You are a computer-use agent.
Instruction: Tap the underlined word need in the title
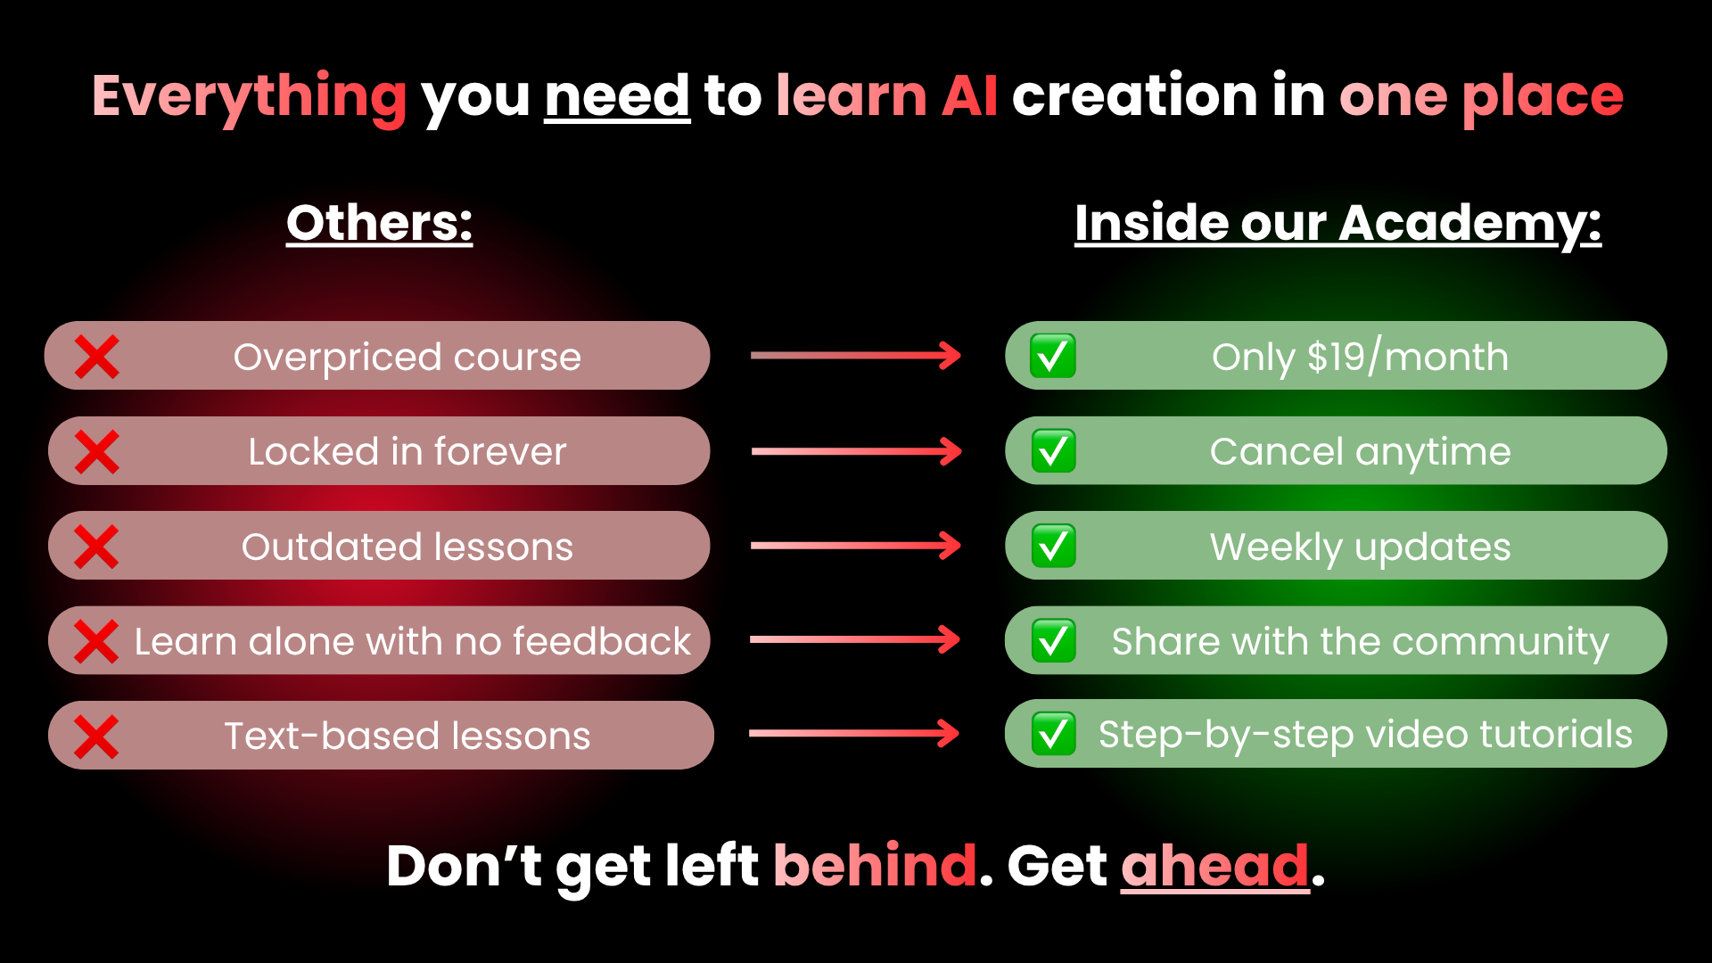617,96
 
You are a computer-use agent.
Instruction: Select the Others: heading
380,223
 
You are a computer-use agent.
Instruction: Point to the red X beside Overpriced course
96,357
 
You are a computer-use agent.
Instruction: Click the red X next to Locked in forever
96,451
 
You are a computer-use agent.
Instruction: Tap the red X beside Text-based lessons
96,737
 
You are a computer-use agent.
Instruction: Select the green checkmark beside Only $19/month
1053,356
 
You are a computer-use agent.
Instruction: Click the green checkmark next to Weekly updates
1053,546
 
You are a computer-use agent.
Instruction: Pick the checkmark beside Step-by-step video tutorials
1053,734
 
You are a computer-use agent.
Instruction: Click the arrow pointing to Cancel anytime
857,451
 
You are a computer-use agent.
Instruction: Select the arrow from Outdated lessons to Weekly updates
856,546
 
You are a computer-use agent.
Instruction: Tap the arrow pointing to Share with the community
855,639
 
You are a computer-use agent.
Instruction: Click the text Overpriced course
407,358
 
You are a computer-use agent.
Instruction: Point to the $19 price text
1337,357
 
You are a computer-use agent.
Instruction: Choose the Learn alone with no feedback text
413,641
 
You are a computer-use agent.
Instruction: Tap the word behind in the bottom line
876,866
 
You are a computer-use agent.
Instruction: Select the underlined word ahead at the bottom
1215,867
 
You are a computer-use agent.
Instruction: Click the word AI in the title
969,96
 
